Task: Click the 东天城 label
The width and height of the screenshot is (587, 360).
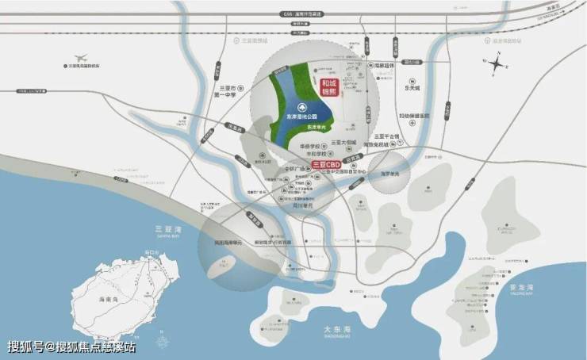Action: coord(412,89)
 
